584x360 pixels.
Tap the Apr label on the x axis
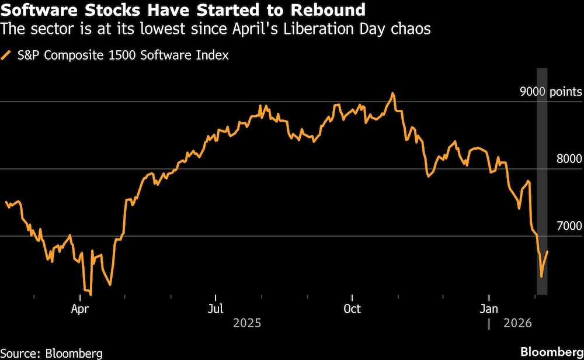(79, 308)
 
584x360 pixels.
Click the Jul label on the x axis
(216, 308)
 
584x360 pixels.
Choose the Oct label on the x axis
(352, 308)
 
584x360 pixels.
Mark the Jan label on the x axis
(488, 308)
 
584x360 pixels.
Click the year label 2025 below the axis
(246, 323)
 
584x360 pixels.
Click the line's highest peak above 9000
(393, 93)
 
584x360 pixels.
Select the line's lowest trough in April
(91, 294)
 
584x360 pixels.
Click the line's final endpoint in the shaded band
(547, 251)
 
